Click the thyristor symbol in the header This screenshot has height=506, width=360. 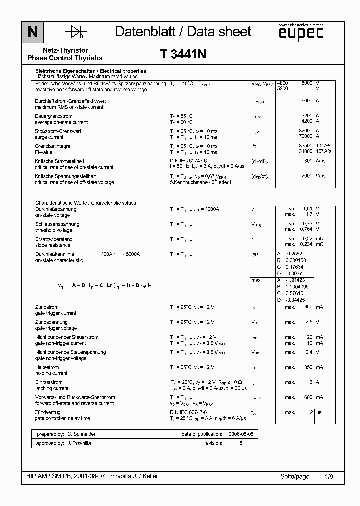[x=76, y=32]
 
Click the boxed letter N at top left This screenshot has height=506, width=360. [x=32, y=32]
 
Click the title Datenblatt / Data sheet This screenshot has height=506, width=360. [x=183, y=32]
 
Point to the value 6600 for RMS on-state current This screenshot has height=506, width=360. [x=306, y=101]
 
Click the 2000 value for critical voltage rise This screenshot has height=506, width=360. [x=306, y=176]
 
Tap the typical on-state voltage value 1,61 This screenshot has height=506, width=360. [x=308, y=209]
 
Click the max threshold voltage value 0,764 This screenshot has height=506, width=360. [x=306, y=230]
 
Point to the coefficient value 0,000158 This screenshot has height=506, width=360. [x=295, y=261]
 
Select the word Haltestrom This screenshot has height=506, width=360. [x=48, y=367]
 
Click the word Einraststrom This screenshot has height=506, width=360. [x=49, y=382]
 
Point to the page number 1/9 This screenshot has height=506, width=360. [x=329, y=476]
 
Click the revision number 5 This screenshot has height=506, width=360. [x=241, y=443]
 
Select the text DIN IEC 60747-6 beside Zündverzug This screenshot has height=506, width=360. [x=189, y=412]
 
